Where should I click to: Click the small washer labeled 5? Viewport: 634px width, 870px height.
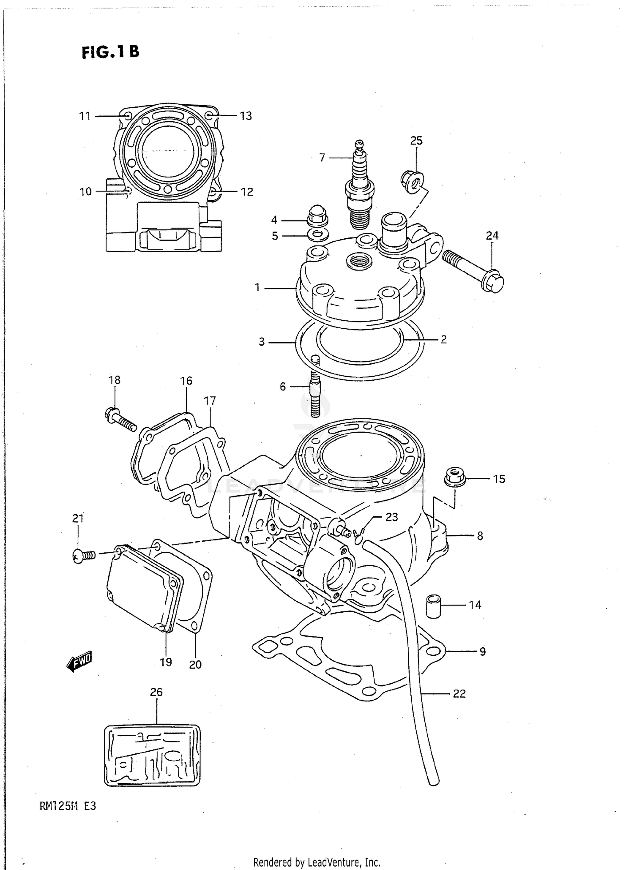point(318,235)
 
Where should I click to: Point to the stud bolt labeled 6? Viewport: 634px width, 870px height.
point(315,387)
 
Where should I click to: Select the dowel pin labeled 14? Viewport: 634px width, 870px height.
point(433,606)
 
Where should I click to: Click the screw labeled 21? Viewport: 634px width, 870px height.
point(84,555)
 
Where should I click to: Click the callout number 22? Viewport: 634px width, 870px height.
point(459,693)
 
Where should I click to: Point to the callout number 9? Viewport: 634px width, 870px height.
point(482,652)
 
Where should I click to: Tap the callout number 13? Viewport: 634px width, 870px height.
point(246,116)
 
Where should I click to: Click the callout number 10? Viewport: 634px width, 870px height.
point(85,191)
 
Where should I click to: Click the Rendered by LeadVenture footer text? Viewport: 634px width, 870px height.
point(317,862)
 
